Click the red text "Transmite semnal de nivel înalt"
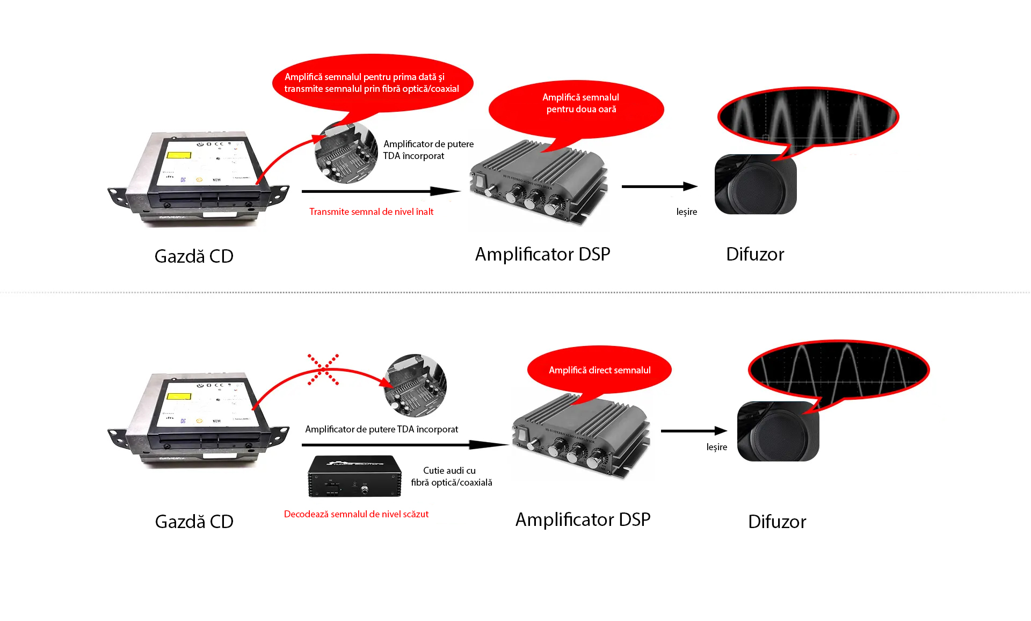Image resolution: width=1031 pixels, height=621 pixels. point(371,212)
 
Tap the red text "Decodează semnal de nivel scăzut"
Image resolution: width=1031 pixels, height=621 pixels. point(356,514)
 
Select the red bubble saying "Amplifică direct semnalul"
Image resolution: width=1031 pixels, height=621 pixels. point(599,370)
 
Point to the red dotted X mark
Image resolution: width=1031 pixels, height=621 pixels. point(323,370)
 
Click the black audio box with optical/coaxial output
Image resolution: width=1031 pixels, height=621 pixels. point(354,476)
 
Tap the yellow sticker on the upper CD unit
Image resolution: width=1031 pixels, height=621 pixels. point(179,155)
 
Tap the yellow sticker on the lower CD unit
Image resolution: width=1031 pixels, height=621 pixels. point(179,396)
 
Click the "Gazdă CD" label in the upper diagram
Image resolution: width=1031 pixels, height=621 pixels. point(194,256)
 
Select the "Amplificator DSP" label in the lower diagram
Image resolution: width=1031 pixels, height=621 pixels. point(583,519)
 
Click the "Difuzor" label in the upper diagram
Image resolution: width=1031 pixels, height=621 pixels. point(754,254)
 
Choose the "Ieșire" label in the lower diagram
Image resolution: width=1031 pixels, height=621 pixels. point(716,447)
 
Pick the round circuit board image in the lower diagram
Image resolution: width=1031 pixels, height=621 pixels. point(415,385)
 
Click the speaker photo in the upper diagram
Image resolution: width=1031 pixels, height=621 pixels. point(755,184)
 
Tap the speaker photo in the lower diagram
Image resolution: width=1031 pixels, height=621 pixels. point(778,431)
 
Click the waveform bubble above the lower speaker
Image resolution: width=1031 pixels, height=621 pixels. point(838,370)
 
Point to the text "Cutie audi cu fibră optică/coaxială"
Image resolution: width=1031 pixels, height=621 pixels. point(451,476)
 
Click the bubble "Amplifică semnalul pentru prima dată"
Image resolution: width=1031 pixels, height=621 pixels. point(372,83)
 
